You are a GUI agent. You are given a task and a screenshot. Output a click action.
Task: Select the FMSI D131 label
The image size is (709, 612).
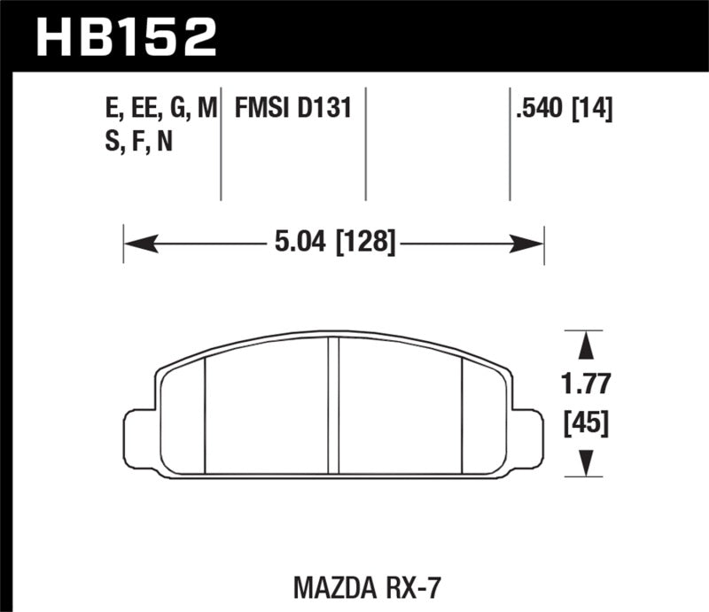coord(293,110)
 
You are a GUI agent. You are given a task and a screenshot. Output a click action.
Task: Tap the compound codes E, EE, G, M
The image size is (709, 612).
coord(160,110)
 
